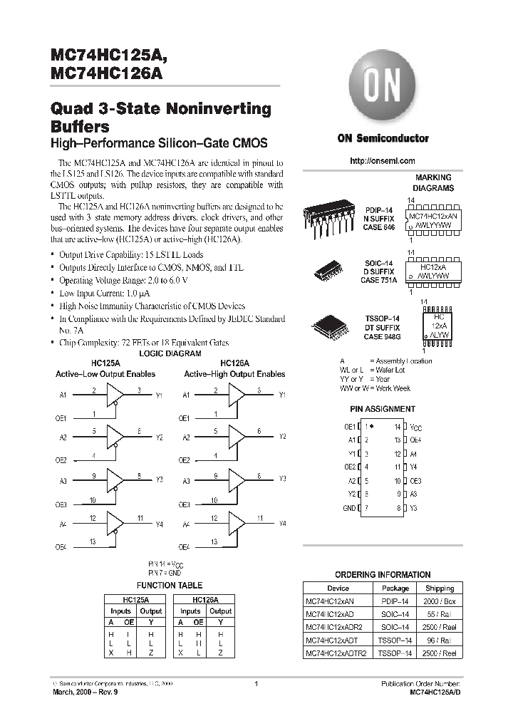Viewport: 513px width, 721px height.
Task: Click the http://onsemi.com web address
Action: coord(383,162)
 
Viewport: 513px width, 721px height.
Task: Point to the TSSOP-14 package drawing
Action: coord(329,326)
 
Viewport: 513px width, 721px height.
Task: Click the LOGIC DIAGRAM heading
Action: coord(170,353)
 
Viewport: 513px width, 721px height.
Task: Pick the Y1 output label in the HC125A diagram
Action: coord(160,395)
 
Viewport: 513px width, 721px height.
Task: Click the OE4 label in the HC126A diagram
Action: coord(184,546)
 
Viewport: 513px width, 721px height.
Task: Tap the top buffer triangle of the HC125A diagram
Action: coord(115,394)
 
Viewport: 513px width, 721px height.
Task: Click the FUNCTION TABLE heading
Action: coord(170,585)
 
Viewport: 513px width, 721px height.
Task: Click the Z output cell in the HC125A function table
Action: coord(150,653)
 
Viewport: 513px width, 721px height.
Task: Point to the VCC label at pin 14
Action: coord(417,427)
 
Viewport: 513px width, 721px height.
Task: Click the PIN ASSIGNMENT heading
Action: coord(383,410)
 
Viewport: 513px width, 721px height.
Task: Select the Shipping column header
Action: coord(440,588)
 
